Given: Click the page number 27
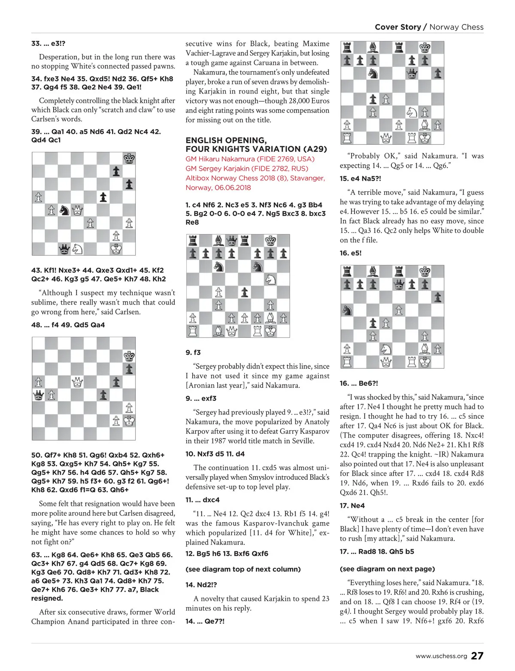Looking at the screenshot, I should [x=477, y=656].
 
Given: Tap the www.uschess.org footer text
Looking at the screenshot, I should [x=441, y=656].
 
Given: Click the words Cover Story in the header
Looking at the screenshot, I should [x=398, y=27].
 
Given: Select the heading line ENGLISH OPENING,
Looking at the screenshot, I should [x=226, y=140].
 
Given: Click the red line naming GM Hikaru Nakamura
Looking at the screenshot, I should [x=250, y=159].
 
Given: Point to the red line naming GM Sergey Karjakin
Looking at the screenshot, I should [x=247, y=169].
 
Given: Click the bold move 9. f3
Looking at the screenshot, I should [x=193, y=353].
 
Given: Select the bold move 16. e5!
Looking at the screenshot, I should [x=351, y=253].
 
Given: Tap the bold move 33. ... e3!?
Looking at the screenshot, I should [x=48, y=43].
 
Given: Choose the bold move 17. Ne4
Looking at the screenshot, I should [x=352, y=506].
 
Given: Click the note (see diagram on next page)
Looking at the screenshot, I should [x=387, y=569].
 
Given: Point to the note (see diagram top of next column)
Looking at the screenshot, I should [x=243, y=569].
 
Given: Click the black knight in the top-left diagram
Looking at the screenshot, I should [x=64, y=210].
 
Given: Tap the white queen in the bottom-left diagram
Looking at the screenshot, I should [x=77, y=382].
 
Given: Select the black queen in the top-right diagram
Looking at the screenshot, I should [x=412, y=74].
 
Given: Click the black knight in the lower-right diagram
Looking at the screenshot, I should [x=347, y=310].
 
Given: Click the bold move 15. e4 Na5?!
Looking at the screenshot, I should [x=360, y=179].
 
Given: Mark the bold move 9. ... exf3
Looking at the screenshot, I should [x=201, y=399].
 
